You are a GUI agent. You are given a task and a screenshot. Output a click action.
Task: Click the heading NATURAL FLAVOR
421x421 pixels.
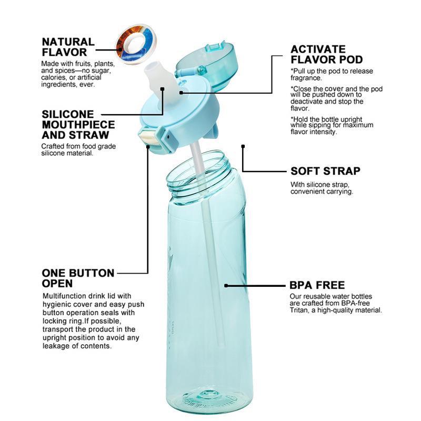(68, 47)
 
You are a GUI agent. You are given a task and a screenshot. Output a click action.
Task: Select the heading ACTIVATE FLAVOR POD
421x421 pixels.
(326, 54)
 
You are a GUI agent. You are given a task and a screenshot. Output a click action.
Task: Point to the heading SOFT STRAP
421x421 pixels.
(325, 171)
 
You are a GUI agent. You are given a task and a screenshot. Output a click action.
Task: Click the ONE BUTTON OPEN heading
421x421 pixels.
(78, 279)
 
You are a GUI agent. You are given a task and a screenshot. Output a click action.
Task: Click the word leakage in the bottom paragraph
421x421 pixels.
(55, 346)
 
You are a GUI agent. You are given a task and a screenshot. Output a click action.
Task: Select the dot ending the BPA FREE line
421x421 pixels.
(226, 286)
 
